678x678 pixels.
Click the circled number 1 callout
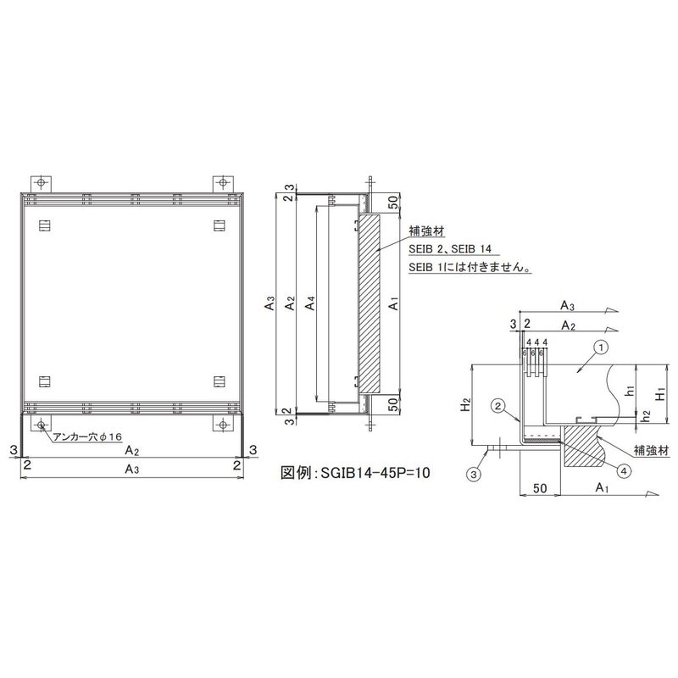[x=602, y=347]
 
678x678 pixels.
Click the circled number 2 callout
[x=498, y=406]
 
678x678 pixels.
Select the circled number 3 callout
[x=474, y=475]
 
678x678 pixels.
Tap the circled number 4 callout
[x=624, y=471]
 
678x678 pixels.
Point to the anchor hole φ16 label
[x=88, y=436]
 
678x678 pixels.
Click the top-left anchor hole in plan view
[x=41, y=182]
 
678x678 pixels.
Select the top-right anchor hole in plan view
[x=223, y=182]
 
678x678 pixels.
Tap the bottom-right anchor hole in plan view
[x=223, y=425]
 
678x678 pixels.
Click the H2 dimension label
[x=465, y=405]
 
